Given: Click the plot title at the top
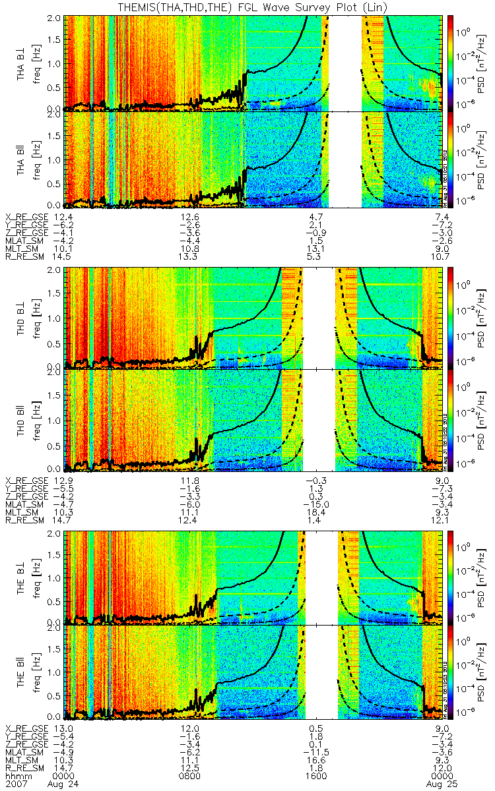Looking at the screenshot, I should coord(247,7).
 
